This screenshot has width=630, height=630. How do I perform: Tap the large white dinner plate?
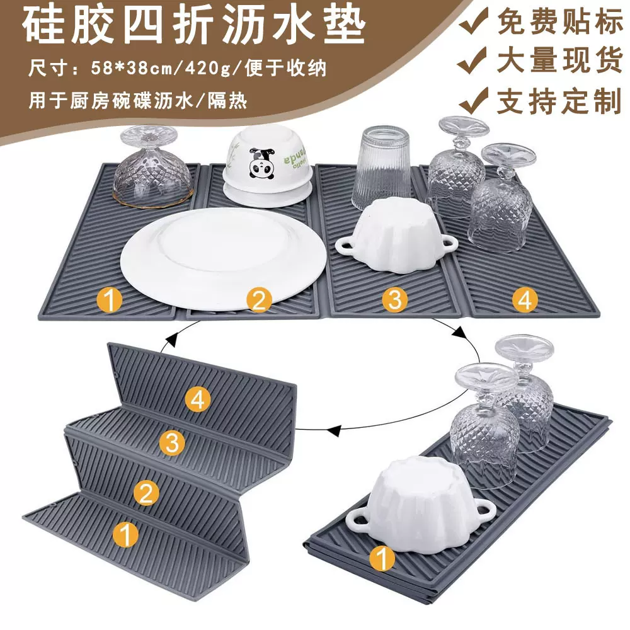point(224,258)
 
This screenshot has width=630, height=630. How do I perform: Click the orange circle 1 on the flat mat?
point(112,301)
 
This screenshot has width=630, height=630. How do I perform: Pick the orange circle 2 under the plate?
point(258,301)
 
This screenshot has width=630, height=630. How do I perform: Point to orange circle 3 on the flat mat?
point(394,300)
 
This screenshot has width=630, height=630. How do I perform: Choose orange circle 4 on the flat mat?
point(524,300)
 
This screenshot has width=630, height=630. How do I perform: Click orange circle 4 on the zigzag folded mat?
point(198,399)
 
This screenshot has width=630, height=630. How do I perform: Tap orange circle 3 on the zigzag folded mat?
point(171,443)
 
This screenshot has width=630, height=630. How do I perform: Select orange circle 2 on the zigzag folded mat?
point(147,492)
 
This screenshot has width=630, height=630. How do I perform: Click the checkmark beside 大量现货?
point(474,62)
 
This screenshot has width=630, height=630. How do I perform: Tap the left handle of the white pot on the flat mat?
point(345,246)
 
